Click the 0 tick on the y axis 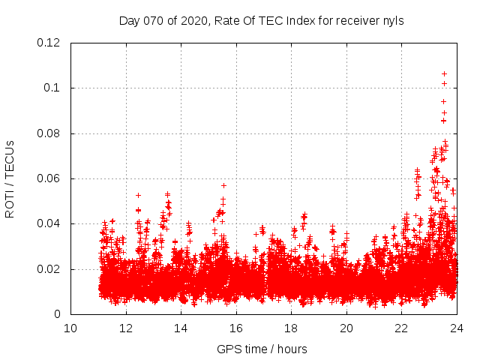pyautogui.click(x=58, y=314)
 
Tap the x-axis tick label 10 pyautogui.click(x=70, y=328)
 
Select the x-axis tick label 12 pyautogui.click(x=125, y=328)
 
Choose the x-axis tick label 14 pyautogui.click(x=181, y=328)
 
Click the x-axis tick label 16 pyautogui.click(x=235, y=328)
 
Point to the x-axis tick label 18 pyautogui.click(x=291, y=328)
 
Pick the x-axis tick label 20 pyautogui.click(x=346, y=328)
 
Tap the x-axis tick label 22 pyautogui.click(x=401, y=328)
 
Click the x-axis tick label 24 pyautogui.click(x=456, y=328)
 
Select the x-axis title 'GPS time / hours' pyautogui.click(x=262, y=349)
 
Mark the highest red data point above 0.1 pyautogui.click(x=445, y=73)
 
